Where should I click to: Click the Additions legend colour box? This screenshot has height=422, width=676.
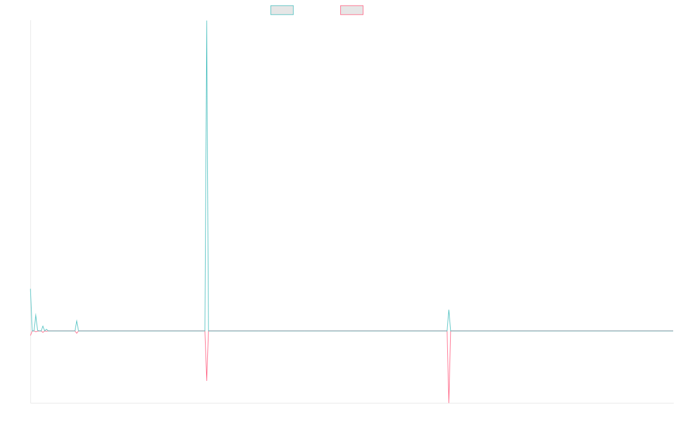pos(282,10)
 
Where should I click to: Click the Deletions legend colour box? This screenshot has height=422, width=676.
pos(352,10)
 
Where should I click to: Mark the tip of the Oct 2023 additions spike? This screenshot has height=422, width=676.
pos(449,310)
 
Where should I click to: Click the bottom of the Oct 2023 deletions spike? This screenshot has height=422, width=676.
pos(449,402)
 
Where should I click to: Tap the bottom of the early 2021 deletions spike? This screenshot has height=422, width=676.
pos(207,380)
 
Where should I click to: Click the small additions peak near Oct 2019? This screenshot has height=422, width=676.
pos(77,320)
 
